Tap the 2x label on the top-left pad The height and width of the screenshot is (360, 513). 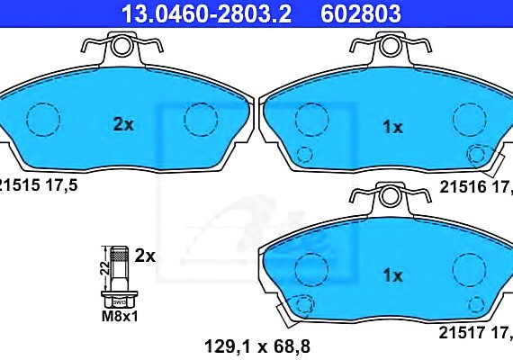pos(123,126)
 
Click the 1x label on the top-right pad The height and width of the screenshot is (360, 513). pos(391,128)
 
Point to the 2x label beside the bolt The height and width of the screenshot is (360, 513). pos(144,256)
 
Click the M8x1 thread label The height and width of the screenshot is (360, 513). pos(117,315)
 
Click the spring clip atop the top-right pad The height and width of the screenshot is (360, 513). pos(390,45)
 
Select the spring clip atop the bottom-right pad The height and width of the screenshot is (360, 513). pos(390,193)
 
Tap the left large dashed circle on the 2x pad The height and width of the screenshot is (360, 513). pos(41,119)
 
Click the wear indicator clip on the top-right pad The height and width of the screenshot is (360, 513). pos(487,162)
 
